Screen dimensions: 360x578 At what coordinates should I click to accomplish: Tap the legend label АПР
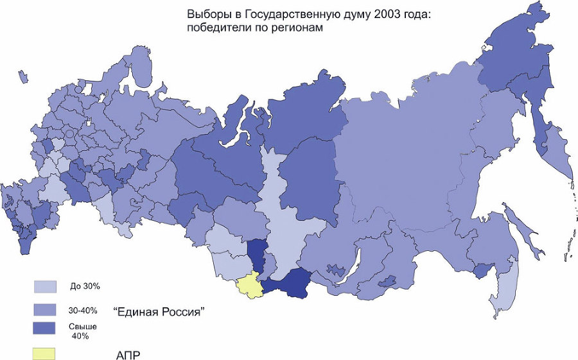pyautogui.click(x=128, y=354)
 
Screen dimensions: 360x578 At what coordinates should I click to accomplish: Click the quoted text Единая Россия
pyautogui.click(x=159, y=313)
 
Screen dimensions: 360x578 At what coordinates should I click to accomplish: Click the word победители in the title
pyautogui.click(x=218, y=28)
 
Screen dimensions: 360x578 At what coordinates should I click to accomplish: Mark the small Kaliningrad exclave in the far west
pyautogui.click(x=24, y=77)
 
